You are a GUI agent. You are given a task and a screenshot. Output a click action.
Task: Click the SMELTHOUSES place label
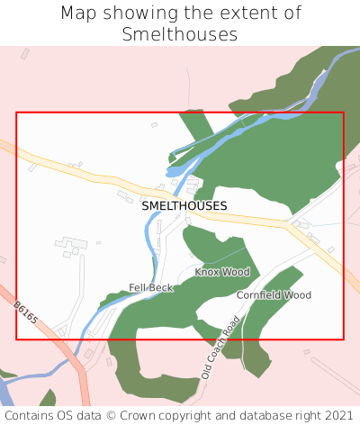(184, 206)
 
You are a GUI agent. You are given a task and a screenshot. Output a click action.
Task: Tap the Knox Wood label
(221, 272)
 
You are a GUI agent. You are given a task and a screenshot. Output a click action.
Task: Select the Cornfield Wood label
(274, 295)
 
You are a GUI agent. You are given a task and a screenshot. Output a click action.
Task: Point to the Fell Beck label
(150, 287)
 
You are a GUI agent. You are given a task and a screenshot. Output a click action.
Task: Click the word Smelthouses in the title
(180, 34)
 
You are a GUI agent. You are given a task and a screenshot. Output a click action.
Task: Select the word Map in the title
(80, 14)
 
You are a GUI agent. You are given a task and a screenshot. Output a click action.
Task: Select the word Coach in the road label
(221, 347)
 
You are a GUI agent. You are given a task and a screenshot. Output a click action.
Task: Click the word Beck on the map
(161, 287)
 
